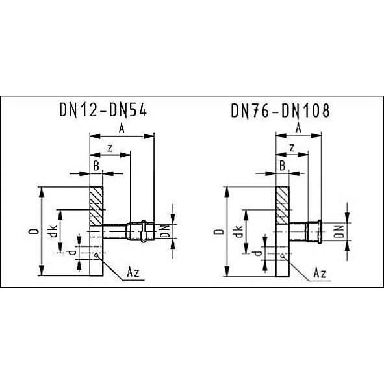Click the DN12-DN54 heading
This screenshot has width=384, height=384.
(103, 110)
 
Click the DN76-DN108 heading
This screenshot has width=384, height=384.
(281, 110)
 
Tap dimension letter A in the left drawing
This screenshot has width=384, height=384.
(122, 129)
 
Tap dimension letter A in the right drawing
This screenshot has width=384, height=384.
(298, 128)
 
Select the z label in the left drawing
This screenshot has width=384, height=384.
(110, 148)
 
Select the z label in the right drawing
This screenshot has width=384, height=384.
(292, 148)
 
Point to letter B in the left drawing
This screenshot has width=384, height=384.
(96, 166)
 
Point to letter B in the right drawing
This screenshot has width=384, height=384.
(282, 166)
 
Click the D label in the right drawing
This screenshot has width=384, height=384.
(219, 232)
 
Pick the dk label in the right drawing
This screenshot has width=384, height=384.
(238, 231)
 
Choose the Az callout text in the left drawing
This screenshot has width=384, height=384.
(133, 272)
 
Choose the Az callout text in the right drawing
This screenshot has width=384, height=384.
(320, 273)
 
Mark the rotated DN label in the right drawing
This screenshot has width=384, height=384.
(339, 232)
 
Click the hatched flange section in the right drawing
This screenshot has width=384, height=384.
(283, 205)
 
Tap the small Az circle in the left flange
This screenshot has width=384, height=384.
(97, 255)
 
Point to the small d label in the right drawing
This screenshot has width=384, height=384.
(257, 253)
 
